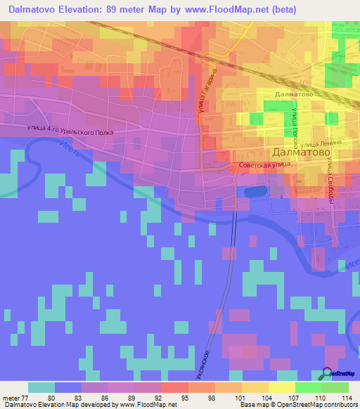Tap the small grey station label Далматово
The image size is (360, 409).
click(x=294, y=93)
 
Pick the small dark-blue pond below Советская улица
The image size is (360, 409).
click(x=254, y=190)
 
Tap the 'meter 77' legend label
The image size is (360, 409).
click(x=15, y=398)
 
